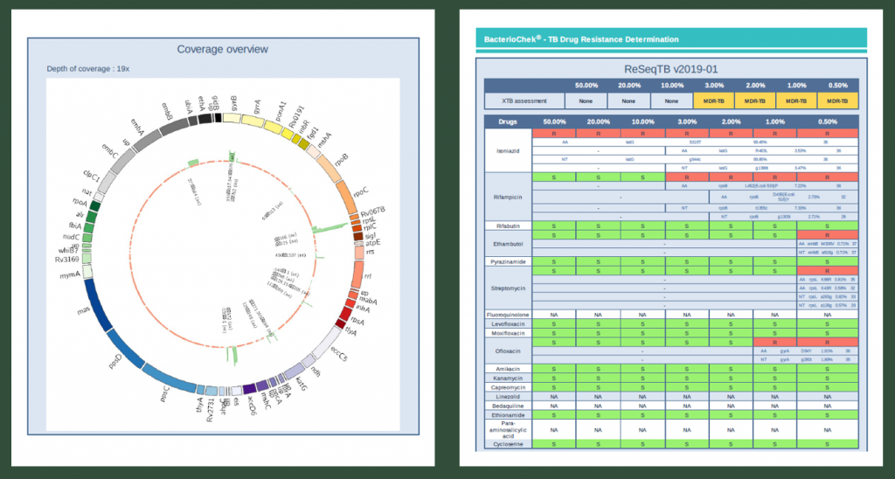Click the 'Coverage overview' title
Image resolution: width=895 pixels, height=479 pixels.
pyautogui.click(x=222, y=49)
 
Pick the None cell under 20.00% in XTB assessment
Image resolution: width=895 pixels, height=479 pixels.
pyautogui.click(x=628, y=101)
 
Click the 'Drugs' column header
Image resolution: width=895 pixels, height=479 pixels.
pyautogui.click(x=508, y=122)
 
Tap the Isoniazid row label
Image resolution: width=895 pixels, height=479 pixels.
pyautogui.click(x=508, y=150)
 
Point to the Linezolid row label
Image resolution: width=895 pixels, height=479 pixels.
pyautogui.click(x=508, y=398)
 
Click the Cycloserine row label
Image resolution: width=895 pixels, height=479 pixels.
pyautogui.click(x=508, y=445)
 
